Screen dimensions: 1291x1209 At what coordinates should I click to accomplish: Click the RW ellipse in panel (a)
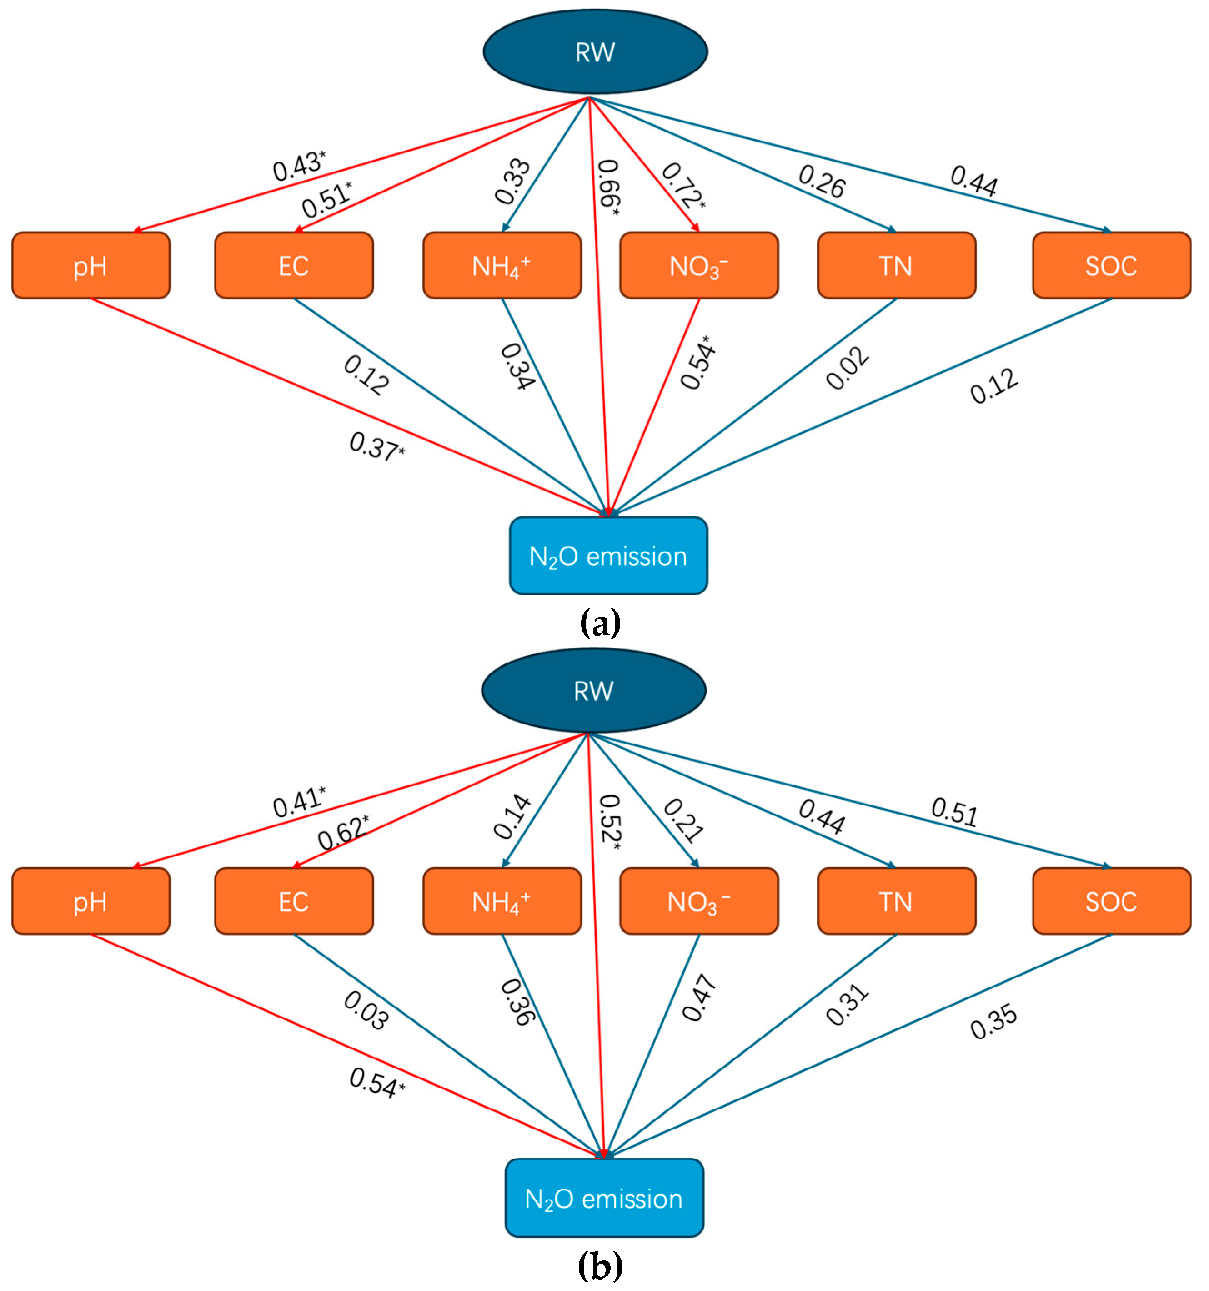(x=594, y=52)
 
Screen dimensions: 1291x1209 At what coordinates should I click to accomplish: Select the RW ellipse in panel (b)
(x=593, y=690)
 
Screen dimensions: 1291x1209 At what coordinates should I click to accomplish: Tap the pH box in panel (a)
(x=91, y=266)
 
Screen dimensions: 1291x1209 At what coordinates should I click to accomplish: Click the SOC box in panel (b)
(x=1111, y=901)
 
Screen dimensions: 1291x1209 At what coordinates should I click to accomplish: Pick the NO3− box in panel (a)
(x=699, y=266)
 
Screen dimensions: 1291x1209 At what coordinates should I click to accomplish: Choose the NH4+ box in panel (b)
(x=502, y=901)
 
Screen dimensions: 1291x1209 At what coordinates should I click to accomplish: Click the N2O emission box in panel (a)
(x=608, y=556)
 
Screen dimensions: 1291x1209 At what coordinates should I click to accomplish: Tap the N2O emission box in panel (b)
(x=603, y=1198)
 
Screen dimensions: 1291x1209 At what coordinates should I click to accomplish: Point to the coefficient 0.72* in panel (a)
(x=682, y=185)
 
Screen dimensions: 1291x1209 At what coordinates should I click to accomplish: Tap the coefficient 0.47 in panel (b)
(x=699, y=997)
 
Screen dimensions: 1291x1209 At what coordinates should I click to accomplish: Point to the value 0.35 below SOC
(x=993, y=1022)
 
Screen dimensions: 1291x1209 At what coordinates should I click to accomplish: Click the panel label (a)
(x=600, y=623)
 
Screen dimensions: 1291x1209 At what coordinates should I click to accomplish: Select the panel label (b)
(x=600, y=1266)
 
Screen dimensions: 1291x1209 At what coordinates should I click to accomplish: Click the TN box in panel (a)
(x=896, y=266)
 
